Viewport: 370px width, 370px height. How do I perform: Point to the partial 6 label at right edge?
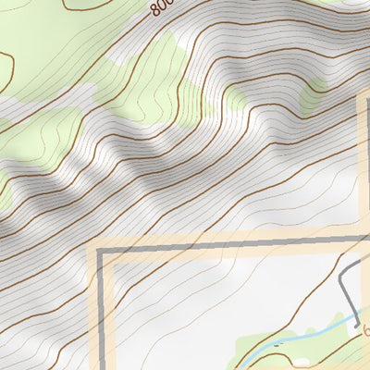coord(365,331)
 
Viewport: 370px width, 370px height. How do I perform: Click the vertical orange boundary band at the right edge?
coord(364,166)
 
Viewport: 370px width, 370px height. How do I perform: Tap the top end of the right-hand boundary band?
coord(364,95)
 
